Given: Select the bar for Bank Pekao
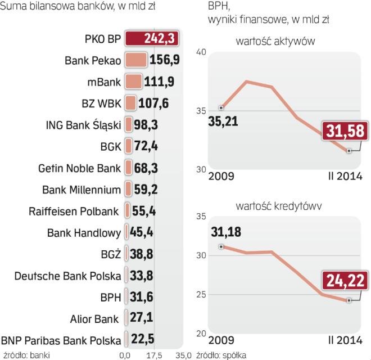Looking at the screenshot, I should (x=135, y=60).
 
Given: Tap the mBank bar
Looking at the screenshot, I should (x=133, y=82).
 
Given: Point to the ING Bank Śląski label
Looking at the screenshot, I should (x=83, y=125).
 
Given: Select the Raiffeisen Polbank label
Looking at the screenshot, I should (x=74, y=211).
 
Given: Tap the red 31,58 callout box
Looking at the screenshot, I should (x=345, y=132).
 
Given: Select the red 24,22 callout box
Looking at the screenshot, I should (x=345, y=280).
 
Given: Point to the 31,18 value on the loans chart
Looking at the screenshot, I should (x=227, y=232).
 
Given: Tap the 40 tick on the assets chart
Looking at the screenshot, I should (x=201, y=52).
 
